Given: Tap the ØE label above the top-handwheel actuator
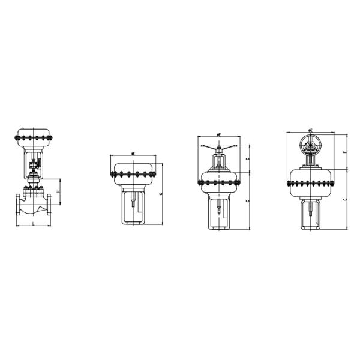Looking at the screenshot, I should coord(221,134).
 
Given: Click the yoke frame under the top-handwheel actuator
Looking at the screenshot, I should coord(221,212).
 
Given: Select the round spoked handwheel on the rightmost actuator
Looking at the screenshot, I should coord(310,144).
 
